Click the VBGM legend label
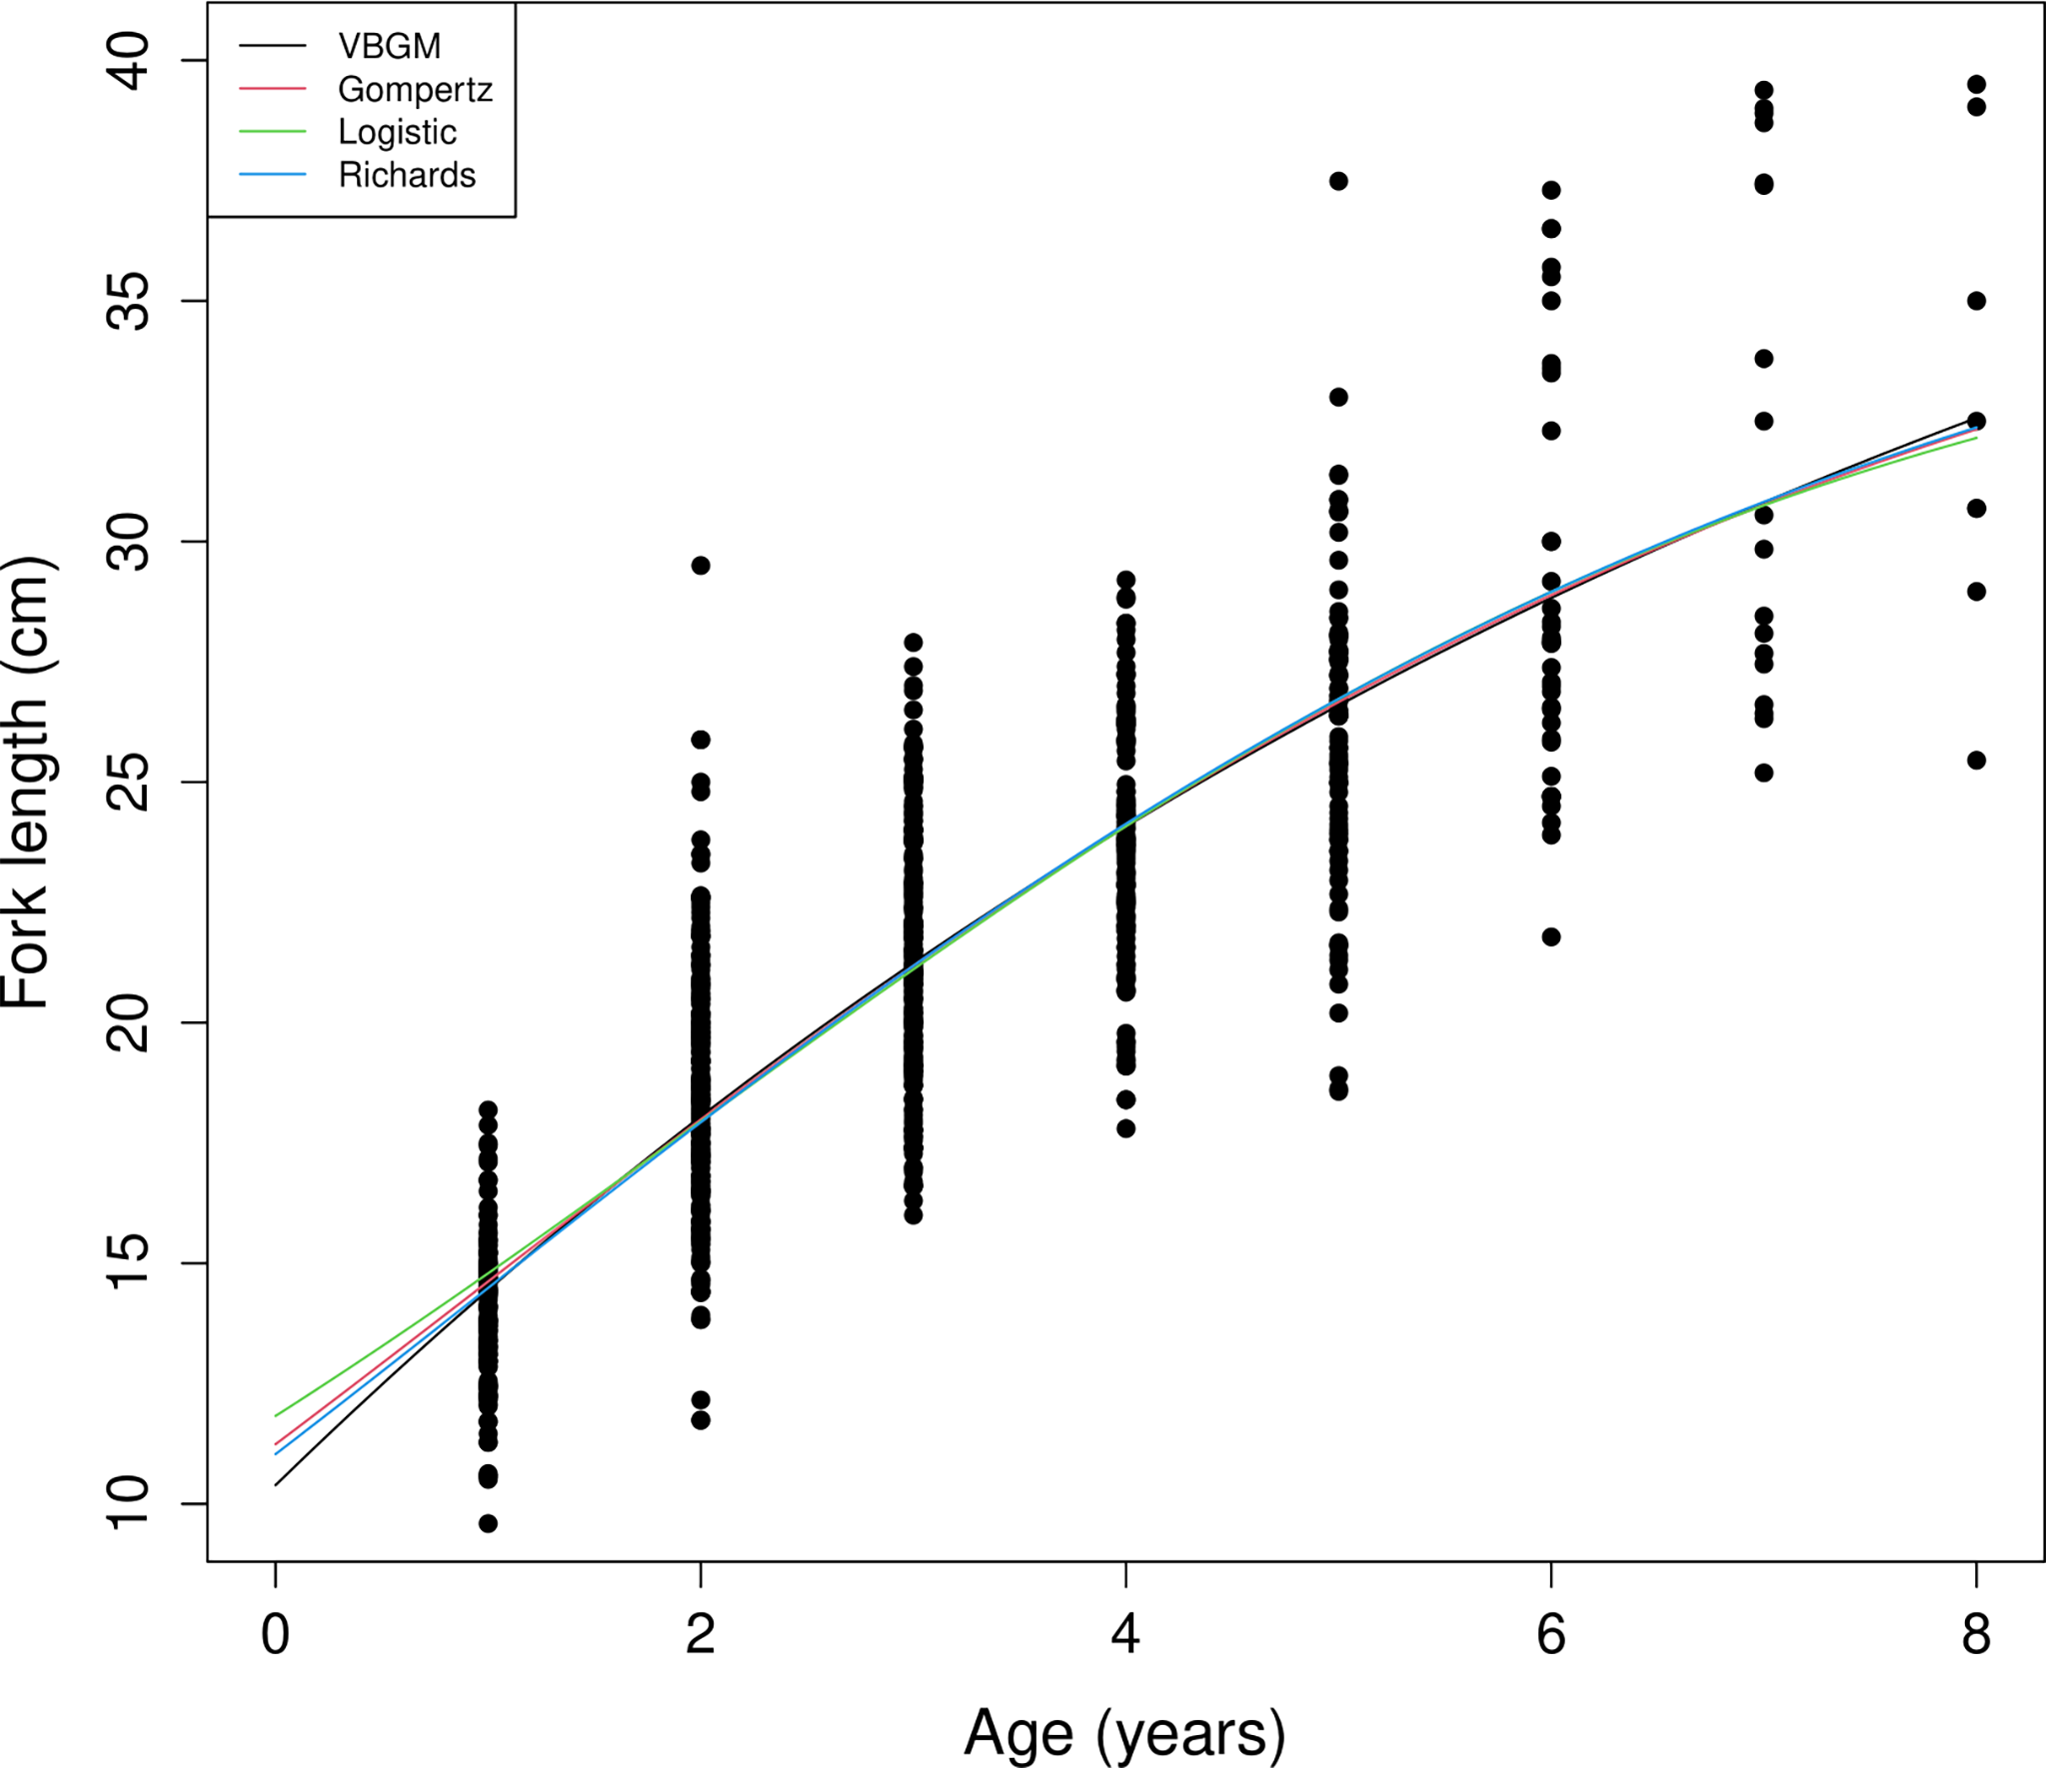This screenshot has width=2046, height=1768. point(389,46)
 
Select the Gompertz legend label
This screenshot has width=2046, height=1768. point(415,90)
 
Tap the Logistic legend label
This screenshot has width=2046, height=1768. point(397,132)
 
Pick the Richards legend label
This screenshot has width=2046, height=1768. point(407,175)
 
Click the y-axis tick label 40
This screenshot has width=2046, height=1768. point(129,61)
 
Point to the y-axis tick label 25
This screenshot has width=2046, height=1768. point(129,782)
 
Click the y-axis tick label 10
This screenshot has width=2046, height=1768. point(129,1503)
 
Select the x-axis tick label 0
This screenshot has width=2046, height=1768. point(275,1635)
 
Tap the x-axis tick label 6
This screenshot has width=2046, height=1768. point(1550,1635)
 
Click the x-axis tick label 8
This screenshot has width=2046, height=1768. point(1975,1635)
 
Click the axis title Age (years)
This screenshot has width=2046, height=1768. point(1124,1734)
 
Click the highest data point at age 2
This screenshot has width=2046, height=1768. point(701,566)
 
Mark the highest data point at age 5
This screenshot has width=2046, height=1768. point(1338,181)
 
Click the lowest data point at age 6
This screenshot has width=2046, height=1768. point(1551,936)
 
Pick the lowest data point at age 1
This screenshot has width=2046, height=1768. point(488,1523)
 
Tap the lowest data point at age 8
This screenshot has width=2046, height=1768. point(1976,761)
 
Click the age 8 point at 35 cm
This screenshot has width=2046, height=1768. point(1976,301)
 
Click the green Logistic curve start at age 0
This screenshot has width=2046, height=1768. point(277,1414)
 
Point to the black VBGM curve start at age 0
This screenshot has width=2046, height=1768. point(277,1484)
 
